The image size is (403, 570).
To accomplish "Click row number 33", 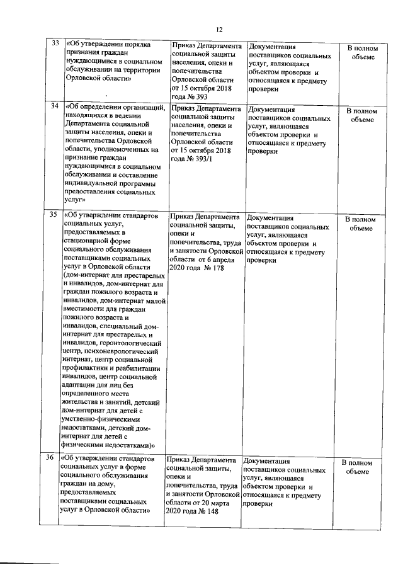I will pyautogui.click(x=55, y=43).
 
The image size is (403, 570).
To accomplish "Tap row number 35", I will pyautogui.click(x=55, y=215).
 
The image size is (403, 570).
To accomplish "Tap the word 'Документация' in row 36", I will pyautogui.click(x=266, y=462).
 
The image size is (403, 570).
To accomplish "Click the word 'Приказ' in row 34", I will pyautogui.click(x=185, y=109).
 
